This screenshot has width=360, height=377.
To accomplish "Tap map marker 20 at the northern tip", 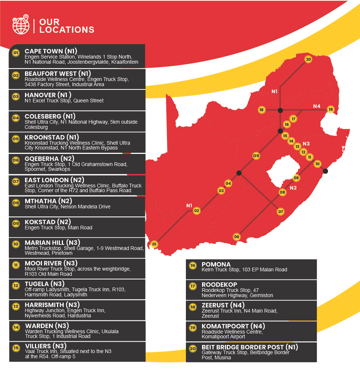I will (308, 59).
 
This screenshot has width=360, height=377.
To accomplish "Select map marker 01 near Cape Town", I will (154, 244).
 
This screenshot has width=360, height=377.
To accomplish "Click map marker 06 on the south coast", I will (236, 237).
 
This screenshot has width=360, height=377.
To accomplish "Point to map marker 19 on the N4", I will (331, 109).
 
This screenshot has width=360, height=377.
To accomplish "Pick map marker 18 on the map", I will (261, 110).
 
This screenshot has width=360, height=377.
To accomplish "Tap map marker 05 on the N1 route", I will (256, 156).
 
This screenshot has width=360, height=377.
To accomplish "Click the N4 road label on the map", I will (317, 106).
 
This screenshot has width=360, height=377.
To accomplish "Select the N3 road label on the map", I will (306, 143).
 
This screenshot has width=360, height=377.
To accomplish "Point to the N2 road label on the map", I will (293, 188).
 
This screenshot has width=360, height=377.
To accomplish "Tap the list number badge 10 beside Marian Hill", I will (16, 244).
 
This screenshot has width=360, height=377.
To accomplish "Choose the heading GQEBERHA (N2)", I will (50, 159).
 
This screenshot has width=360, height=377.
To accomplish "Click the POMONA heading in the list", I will (216, 264).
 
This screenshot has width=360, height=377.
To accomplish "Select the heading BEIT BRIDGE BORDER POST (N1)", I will (250, 347).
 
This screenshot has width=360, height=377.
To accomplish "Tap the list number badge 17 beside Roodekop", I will (193, 286).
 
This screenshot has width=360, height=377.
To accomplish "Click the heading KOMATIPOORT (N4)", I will (233, 326).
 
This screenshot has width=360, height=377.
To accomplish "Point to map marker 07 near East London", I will (280, 211).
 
